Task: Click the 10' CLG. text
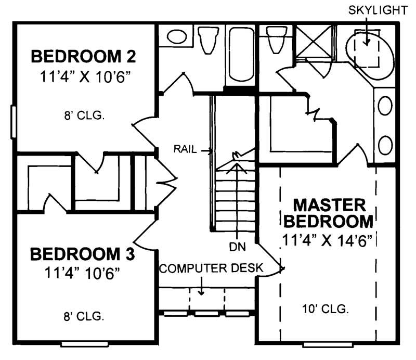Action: (325, 308)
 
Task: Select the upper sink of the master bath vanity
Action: (385, 106)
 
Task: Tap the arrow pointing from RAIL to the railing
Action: (205, 151)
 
